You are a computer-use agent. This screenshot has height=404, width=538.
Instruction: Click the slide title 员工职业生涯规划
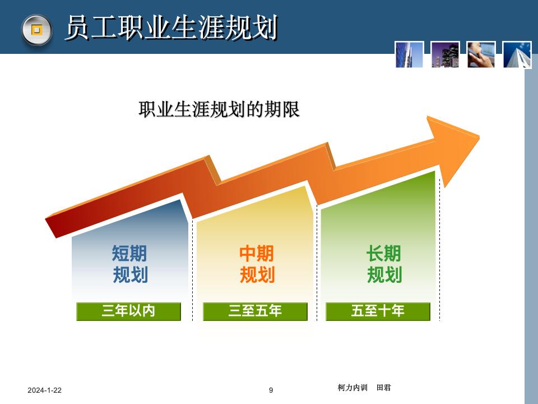click(x=171, y=28)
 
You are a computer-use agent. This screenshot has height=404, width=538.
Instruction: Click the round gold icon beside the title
click(x=36, y=29)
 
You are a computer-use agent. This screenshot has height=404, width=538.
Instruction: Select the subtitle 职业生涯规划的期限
click(x=219, y=109)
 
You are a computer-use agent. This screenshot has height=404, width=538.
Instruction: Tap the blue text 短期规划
click(x=129, y=264)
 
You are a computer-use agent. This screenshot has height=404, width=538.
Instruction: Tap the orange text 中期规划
click(x=257, y=264)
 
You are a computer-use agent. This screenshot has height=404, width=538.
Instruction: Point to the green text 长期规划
click(x=384, y=264)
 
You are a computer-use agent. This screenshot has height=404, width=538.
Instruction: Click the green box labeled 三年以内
click(x=128, y=311)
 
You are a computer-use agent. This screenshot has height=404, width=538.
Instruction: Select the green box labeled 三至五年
click(x=255, y=311)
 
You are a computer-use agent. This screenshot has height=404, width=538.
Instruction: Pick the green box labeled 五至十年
click(x=378, y=311)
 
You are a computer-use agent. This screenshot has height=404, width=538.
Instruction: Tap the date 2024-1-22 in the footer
click(x=45, y=390)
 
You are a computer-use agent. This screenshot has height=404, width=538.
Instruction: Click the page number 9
click(x=271, y=390)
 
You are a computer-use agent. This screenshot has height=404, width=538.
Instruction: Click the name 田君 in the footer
click(x=384, y=387)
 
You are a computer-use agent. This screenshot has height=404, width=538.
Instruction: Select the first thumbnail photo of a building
click(x=409, y=54)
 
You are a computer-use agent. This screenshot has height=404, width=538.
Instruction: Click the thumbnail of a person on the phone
click(x=481, y=54)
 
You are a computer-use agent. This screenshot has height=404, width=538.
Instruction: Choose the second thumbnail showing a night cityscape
click(x=446, y=54)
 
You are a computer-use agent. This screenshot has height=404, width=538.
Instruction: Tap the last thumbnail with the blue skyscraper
click(x=517, y=54)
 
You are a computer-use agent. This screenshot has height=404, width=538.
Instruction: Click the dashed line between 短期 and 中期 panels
click(x=193, y=269)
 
